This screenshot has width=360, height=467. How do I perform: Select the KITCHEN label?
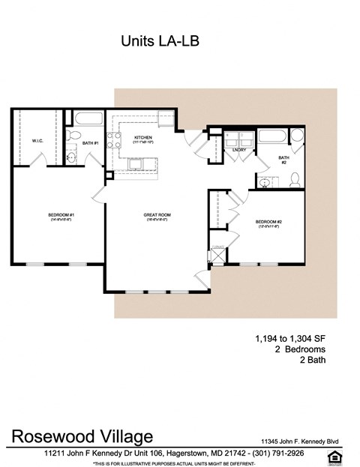click(143, 138)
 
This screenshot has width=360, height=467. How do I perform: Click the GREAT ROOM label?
click(157, 215)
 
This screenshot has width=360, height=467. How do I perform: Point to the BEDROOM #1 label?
click(61, 215)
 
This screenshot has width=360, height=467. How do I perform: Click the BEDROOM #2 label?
click(267, 222)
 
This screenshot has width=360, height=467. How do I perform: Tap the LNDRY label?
click(240, 150)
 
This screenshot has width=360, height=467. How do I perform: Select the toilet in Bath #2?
click(295, 179)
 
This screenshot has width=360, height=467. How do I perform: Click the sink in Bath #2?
click(266, 182)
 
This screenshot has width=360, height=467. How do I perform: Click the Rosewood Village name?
click(82, 436)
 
